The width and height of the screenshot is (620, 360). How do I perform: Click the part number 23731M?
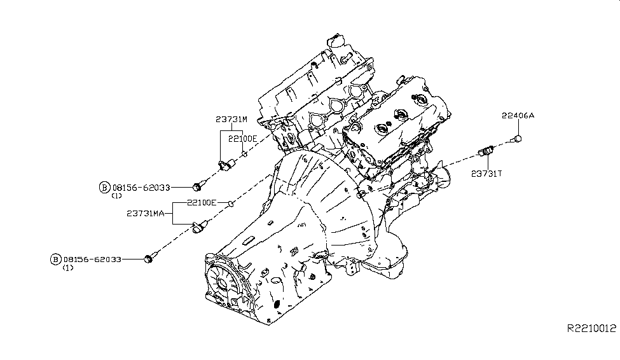coord(231,120)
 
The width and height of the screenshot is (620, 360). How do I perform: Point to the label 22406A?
coord(518,116)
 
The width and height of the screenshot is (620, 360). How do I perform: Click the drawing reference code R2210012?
coord(592,329)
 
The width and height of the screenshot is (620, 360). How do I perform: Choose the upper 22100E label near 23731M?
coord(243,138)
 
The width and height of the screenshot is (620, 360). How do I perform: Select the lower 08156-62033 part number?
coord(93,260)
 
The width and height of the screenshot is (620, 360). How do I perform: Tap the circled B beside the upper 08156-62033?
coord(104,187)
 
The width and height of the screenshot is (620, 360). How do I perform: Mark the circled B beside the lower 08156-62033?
coord(55,260)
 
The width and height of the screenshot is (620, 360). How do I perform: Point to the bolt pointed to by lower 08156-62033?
coord(150,258)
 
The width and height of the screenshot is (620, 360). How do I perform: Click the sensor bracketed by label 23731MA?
coord(200,226)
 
